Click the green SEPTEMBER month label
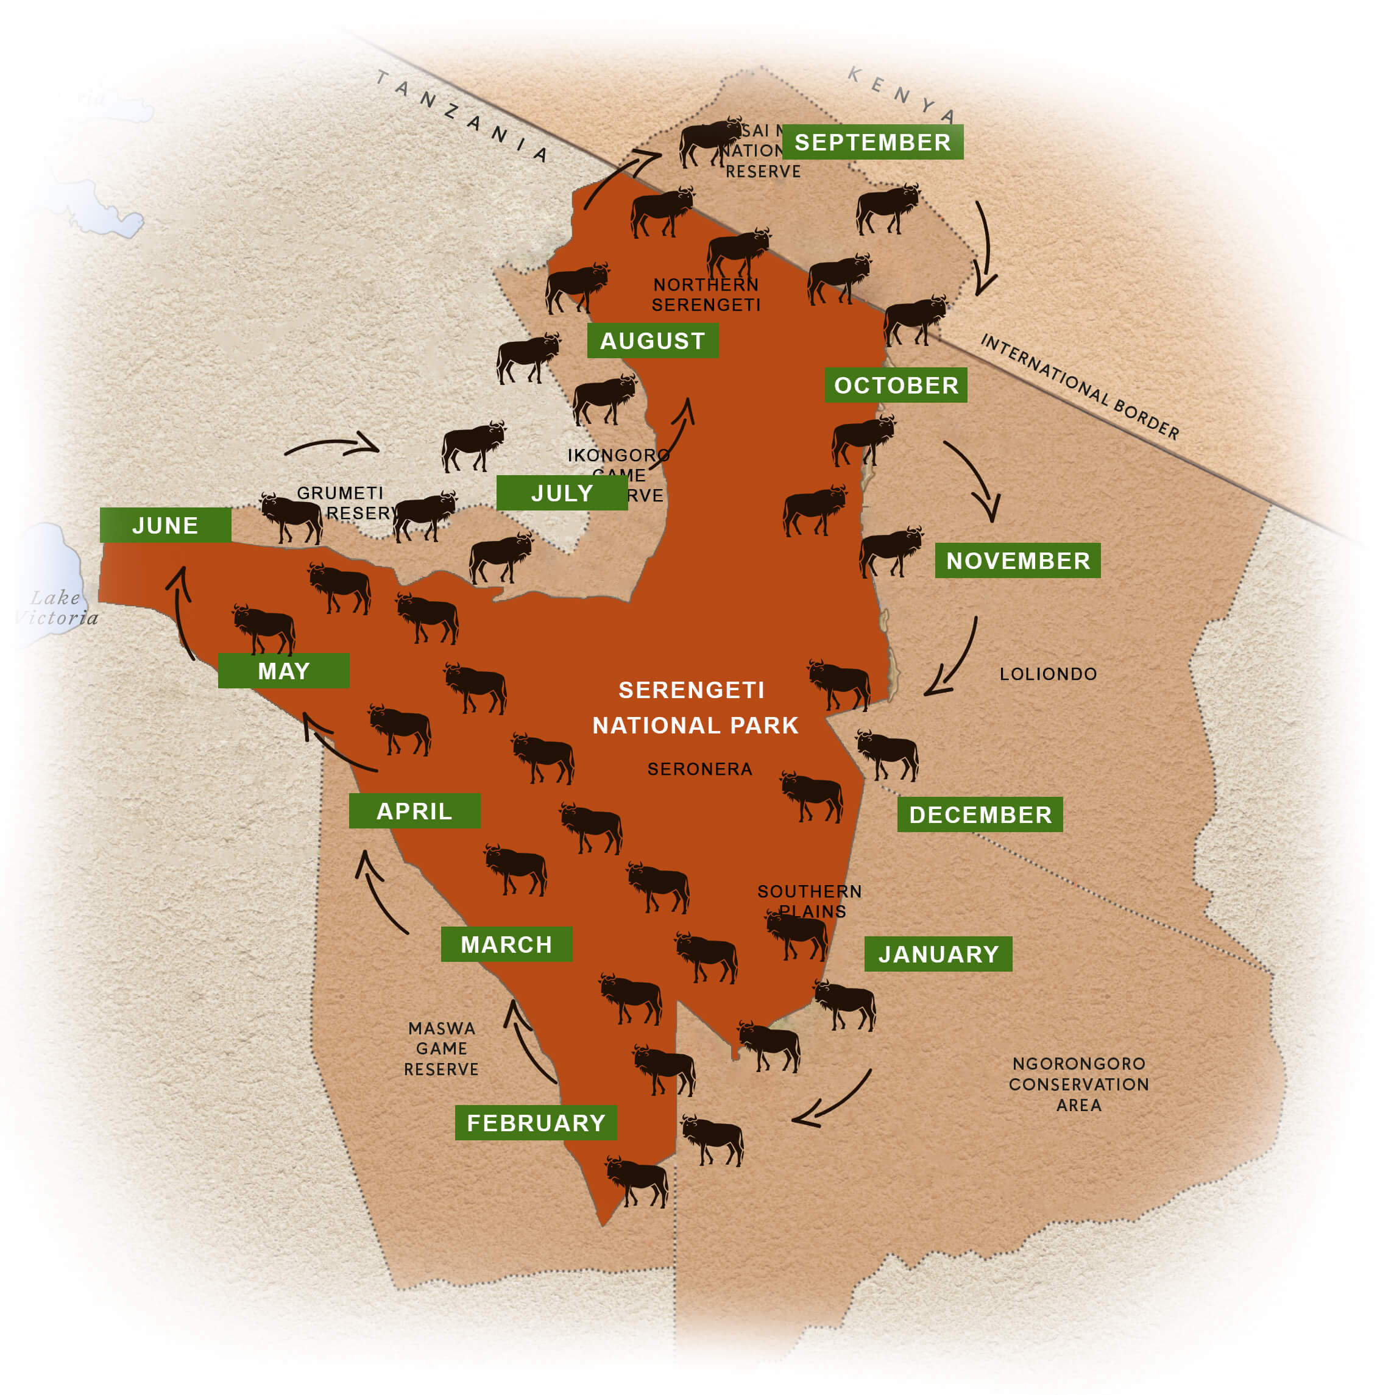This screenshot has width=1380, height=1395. coord(872,143)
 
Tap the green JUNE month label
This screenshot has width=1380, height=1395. coord(165,526)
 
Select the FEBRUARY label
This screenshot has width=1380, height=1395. coord(536,1123)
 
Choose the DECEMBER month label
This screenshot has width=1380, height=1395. coord(980,815)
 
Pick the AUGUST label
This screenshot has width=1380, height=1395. coord(652,341)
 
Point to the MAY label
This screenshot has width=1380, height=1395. coord(284,671)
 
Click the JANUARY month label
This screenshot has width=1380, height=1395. coord(938,955)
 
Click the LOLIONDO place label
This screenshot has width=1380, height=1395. coord(1048,674)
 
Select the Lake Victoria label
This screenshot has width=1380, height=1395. coord(56,608)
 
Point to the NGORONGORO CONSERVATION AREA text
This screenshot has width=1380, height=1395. coord(1079,1084)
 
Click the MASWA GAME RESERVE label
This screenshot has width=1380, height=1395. coord(441,1048)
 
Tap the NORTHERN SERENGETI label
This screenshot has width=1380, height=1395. coord(706,295)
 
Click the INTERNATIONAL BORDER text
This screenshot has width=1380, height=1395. coord(1079,387)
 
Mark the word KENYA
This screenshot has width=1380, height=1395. coord(902,94)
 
